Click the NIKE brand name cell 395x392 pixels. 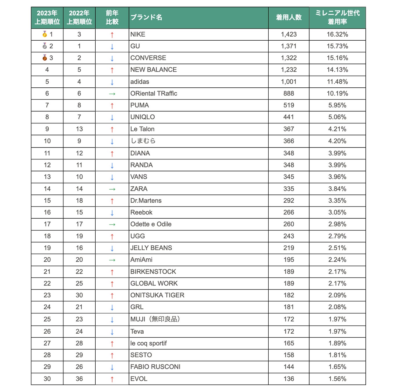coord(138,34)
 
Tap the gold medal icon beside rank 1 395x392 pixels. coord(45,34)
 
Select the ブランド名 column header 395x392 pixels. coord(146,17)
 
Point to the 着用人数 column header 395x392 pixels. coord(289,17)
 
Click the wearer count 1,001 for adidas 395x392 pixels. coord(289,82)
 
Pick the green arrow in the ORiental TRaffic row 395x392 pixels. coord(112,94)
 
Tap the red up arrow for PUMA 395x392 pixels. coord(112,106)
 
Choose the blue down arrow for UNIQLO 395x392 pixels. coord(112,118)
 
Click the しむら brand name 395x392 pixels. coord(143,141)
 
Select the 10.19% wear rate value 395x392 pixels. coord(337,93)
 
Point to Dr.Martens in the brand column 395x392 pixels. coord(146,201)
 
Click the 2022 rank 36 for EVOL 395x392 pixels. coord(79,379)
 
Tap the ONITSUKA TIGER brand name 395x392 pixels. coord(157,295)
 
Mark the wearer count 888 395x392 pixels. coord(289,93)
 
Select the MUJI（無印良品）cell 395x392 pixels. coord(155,319)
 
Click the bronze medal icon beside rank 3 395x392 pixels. coord(45,58)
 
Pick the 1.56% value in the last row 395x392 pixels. coord(337,379)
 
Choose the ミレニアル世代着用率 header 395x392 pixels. coord(337,17)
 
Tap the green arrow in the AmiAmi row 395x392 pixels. coord(112,260)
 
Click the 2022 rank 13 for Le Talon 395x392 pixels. coord(79,129)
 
